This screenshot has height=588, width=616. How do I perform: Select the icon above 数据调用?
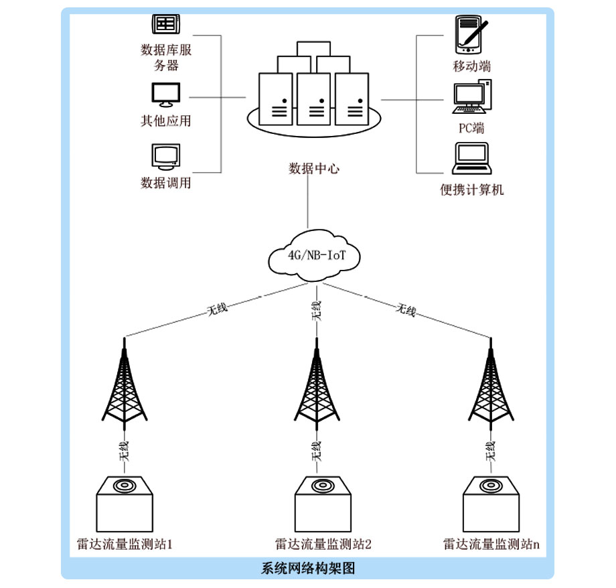click(165, 157)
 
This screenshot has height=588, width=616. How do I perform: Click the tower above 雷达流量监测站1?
click(125, 385)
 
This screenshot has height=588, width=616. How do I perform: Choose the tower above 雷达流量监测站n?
click(492, 385)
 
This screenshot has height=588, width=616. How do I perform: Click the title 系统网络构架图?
click(307, 569)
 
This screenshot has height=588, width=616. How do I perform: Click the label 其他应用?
click(165, 121)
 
